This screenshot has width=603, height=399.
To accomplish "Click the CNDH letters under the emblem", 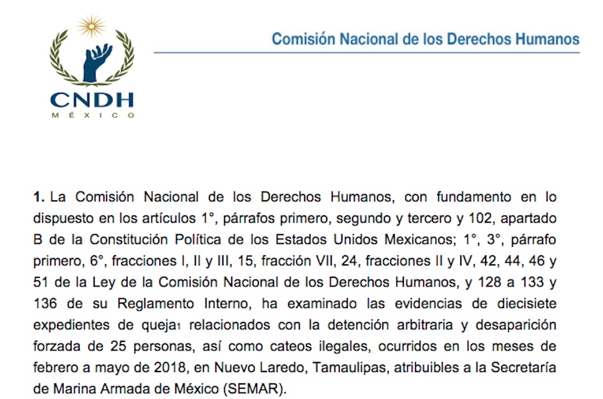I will (92, 100).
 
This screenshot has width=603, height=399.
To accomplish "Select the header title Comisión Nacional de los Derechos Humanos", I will (425, 39).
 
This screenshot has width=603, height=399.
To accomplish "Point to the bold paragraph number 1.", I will (38, 197).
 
